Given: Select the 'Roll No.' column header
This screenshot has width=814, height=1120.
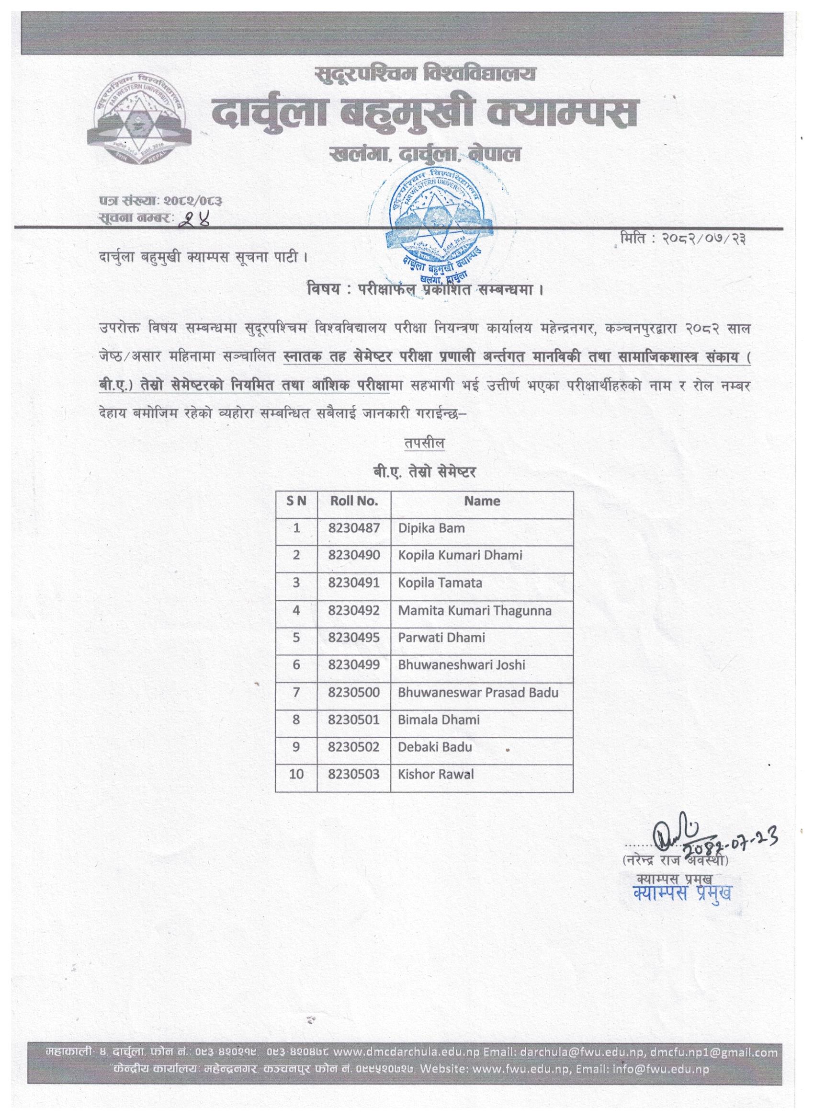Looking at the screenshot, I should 354,501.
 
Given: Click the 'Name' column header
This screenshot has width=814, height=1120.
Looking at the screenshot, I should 482,501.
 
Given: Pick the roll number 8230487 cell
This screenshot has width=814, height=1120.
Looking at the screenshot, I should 354,528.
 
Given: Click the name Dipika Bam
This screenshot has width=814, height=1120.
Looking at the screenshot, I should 431,528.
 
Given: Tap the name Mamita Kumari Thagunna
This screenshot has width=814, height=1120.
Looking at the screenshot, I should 475,610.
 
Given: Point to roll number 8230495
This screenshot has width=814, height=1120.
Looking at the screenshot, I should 354,638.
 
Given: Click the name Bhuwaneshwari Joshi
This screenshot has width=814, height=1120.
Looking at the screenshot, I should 462,665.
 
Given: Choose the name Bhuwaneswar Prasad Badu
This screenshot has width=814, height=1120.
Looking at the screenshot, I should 478,692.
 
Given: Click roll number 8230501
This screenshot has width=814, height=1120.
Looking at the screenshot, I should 354,720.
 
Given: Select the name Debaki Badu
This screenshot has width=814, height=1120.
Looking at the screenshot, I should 435,747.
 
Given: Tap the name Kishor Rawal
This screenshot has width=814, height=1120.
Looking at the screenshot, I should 436,774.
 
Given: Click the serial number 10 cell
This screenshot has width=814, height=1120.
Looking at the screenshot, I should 296,774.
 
